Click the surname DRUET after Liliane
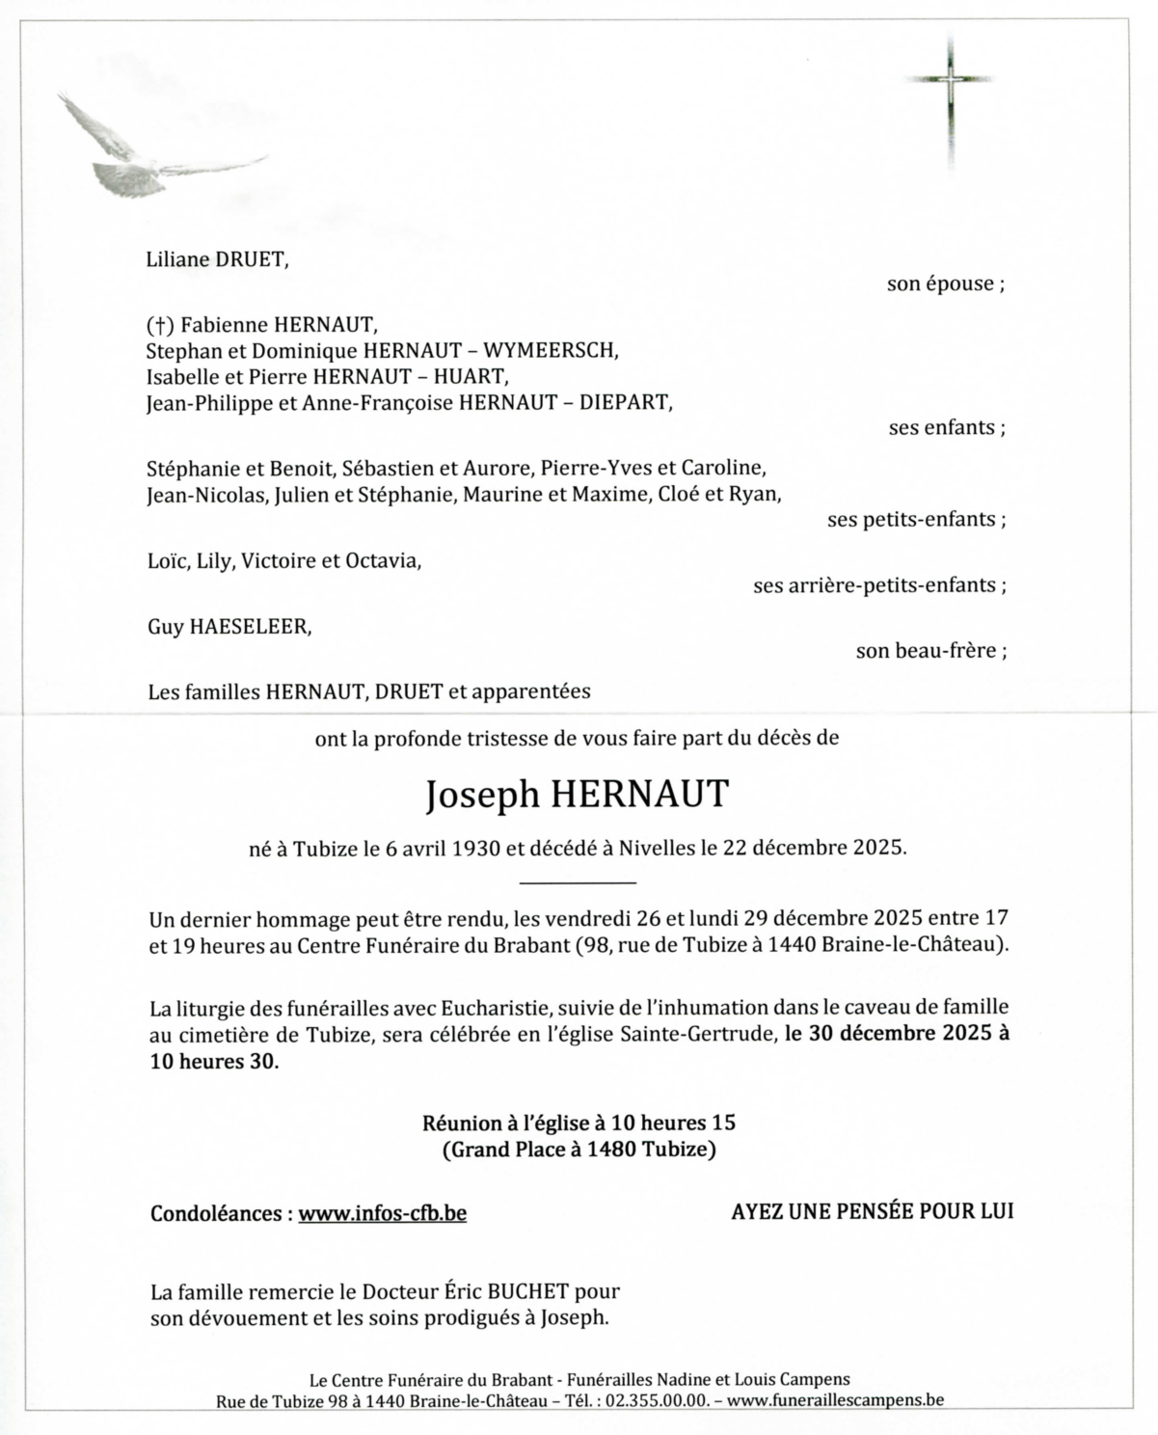pos(255,258)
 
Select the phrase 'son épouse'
pos(940,284)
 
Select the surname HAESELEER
pos(251,627)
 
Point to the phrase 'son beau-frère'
pos(926,651)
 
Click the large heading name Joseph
pos(482,795)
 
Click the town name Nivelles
pos(657,849)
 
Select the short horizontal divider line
pos(578,882)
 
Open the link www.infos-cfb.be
pos(382,1213)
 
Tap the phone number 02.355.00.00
pos(657,1400)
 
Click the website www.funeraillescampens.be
pos(835,1400)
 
